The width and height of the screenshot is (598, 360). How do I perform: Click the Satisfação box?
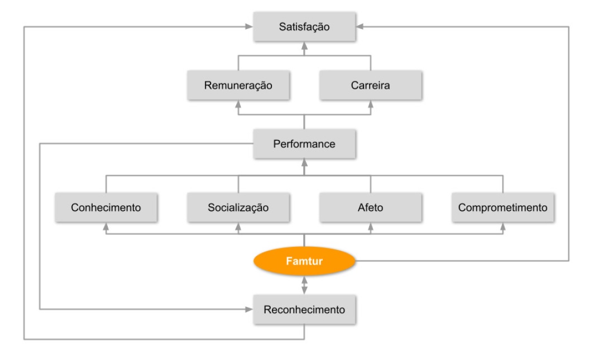click(x=304, y=26)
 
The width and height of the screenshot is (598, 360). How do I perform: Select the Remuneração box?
click(x=238, y=85)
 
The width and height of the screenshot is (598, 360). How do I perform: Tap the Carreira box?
click(x=370, y=85)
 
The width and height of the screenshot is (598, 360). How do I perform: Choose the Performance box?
click(x=304, y=144)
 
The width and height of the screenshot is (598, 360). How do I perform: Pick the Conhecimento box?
click(x=106, y=208)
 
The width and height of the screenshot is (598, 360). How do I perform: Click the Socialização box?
click(x=238, y=208)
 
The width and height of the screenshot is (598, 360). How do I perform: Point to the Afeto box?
click(x=370, y=208)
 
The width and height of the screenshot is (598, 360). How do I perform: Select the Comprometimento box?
click(x=503, y=208)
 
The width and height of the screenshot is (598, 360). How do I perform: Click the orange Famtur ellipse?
click(x=304, y=261)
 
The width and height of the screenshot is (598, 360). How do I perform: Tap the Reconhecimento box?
click(x=304, y=309)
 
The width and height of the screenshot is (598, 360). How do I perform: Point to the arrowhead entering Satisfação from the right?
click(x=360, y=26)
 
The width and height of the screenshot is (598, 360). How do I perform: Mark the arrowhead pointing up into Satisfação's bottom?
click(x=304, y=49)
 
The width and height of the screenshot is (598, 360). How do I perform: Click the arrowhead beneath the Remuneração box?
click(x=238, y=104)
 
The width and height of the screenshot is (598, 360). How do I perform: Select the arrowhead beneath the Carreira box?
click(x=370, y=104)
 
